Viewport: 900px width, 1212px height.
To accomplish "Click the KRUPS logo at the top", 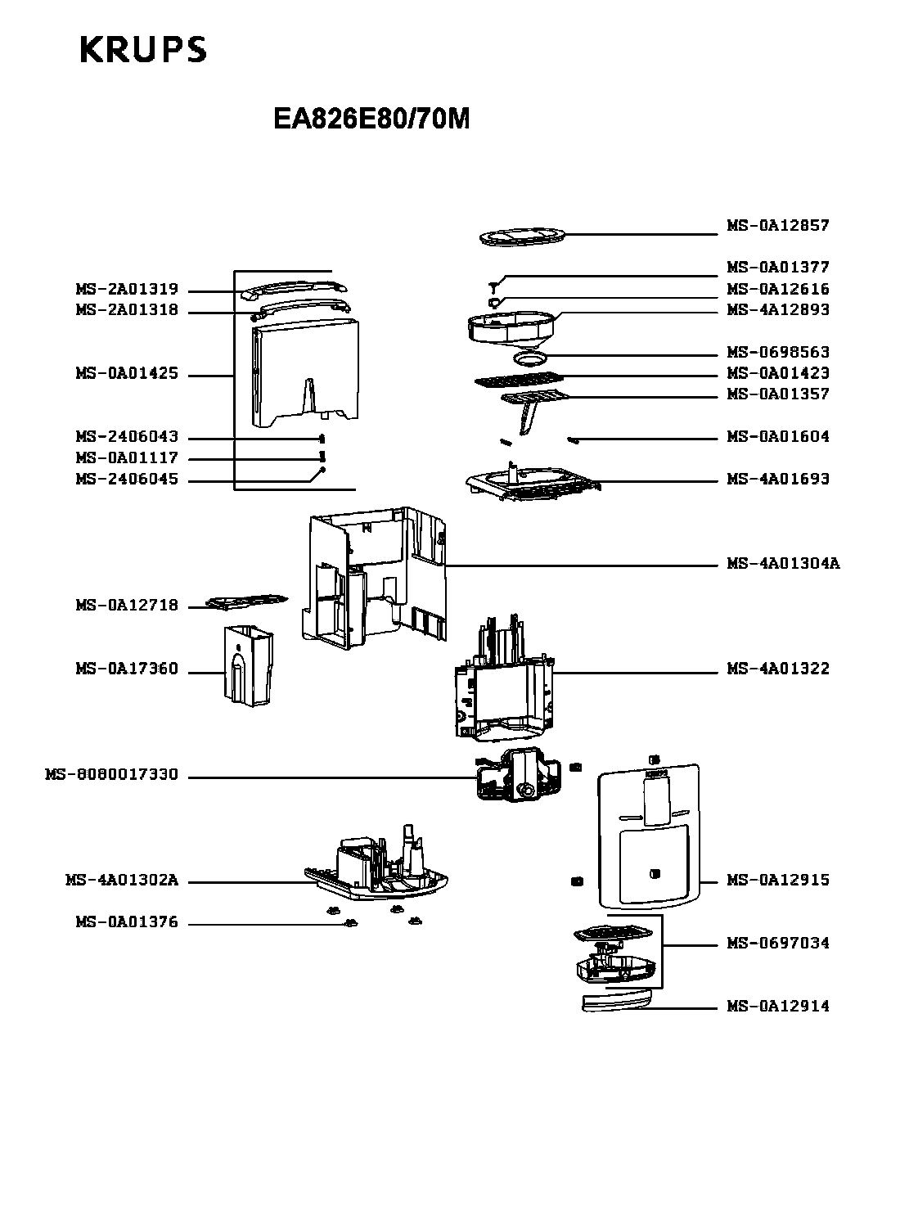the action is tap(143, 49).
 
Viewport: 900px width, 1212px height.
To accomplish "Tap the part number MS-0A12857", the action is tap(777, 225).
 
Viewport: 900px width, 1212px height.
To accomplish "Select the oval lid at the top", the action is tap(522, 237).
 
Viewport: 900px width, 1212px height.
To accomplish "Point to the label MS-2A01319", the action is tap(127, 289).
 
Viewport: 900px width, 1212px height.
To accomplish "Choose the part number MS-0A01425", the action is tap(127, 373).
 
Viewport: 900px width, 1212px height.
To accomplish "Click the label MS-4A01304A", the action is tap(783, 563).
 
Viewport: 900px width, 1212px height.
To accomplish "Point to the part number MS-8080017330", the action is tap(111, 774).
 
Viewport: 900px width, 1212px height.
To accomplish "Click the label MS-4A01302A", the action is tap(122, 880).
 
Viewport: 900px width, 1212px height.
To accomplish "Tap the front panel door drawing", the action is tap(649, 836).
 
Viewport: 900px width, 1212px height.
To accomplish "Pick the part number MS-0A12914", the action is tap(777, 1006).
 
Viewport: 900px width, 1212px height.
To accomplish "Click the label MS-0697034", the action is tap(777, 943).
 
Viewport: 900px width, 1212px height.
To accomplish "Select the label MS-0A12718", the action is tap(127, 605).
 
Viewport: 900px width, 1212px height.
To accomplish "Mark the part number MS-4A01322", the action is tap(777, 669).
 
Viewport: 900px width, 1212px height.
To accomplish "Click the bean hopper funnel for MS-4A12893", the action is tap(511, 329).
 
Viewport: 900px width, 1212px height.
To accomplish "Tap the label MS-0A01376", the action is tap(127, 921).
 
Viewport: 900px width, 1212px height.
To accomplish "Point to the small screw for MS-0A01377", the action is tap(493, 287).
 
